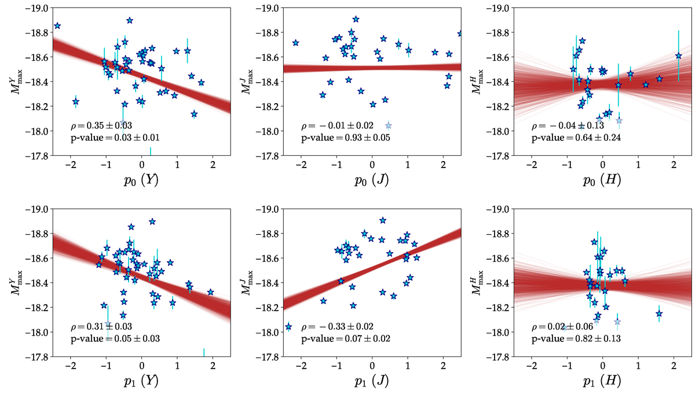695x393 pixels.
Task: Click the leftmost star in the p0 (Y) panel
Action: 57,26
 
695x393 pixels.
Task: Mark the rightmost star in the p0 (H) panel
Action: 678,56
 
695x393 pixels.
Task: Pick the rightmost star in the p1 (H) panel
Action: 659,314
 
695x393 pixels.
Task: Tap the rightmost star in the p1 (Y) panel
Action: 210,293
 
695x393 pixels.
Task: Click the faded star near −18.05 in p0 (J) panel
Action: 388,125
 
